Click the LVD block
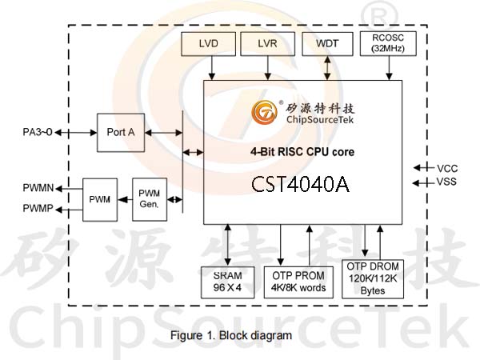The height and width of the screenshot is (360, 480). (x=208, y=44)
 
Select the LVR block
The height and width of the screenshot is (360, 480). (x=267, y=44)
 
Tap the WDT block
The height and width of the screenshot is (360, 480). (x=327, y=44)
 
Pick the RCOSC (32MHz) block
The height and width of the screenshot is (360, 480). (x=388, y=43)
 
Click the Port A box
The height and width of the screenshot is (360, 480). (x=121, y=133)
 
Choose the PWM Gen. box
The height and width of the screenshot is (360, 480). (x=150, y=199)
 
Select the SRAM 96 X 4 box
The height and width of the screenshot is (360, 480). (x=227, y=282)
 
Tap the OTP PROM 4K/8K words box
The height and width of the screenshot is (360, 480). (x=298, y=282)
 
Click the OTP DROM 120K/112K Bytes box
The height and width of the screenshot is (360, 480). (x=373, y=279)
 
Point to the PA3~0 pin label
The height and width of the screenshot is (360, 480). (x=38, y=132)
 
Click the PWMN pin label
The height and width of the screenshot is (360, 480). (x=38, y=188)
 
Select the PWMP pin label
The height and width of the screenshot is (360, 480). (x=38, y=209)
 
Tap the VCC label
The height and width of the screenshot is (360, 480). (x=447, y=169)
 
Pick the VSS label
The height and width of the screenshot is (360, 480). (x=446, y=182)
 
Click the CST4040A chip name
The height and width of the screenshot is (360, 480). (x=300, y=184)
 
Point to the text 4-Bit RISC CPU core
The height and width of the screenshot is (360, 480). (x=302, y=152)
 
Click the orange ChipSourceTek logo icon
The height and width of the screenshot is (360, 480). (x=265, y=112)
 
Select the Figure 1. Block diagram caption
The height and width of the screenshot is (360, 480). (x=231, y=335)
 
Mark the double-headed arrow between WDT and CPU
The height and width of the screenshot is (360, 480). (x=327, y=68)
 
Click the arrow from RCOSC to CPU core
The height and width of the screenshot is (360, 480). (x=389, y=68)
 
